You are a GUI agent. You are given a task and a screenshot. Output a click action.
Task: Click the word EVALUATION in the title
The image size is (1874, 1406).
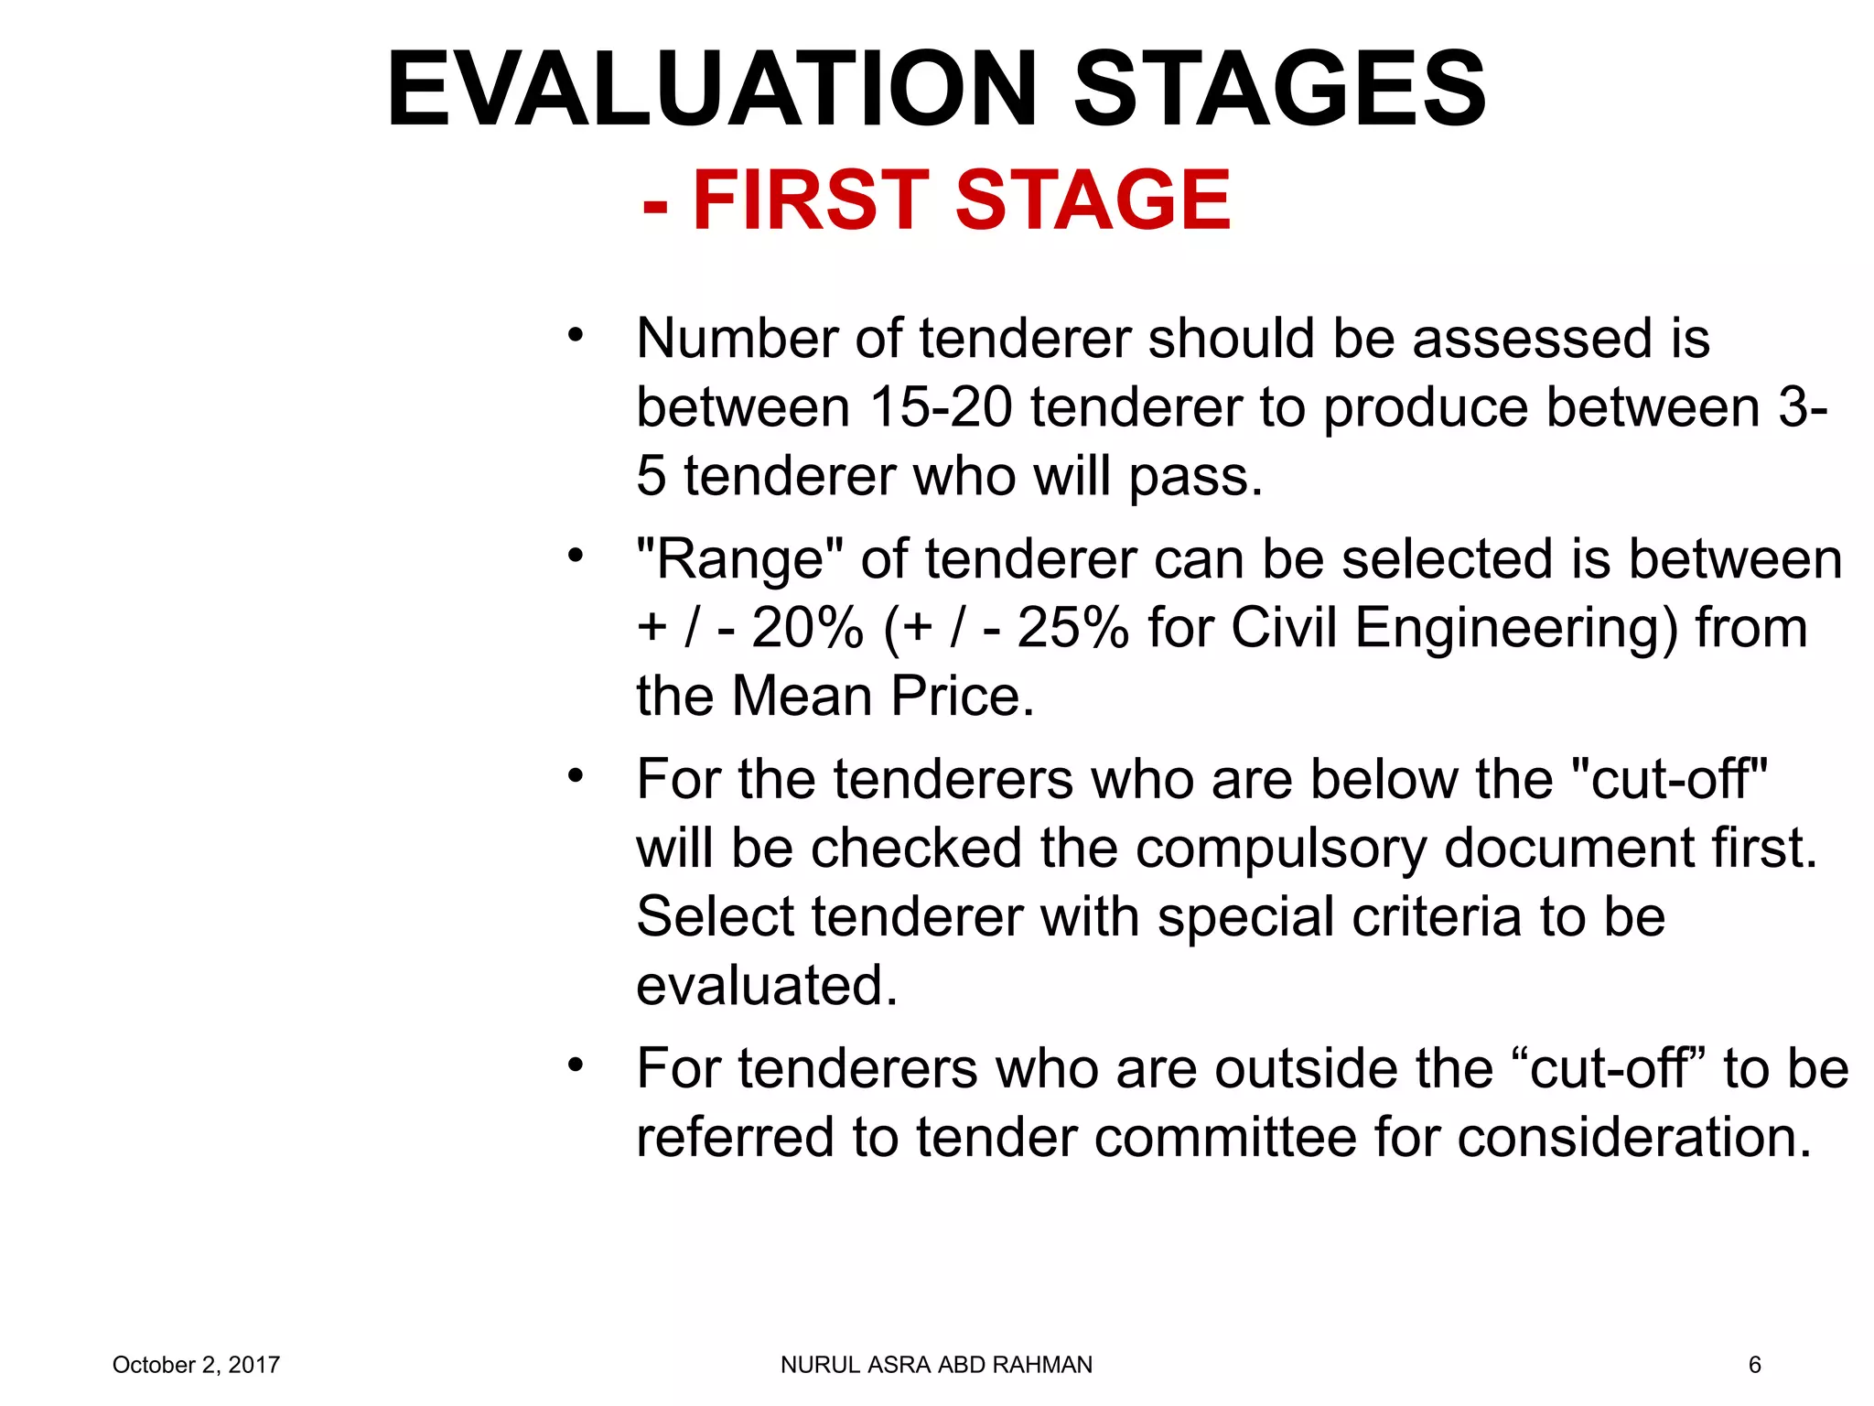click(x=712, y=90)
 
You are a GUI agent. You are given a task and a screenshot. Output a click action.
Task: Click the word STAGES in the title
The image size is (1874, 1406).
click(x=1279, y=90)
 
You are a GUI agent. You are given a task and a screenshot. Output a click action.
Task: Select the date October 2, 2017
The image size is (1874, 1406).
click(x=196, y=1365)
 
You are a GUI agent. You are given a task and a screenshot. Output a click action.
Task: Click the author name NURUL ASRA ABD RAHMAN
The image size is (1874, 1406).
click(x=936, y=1365)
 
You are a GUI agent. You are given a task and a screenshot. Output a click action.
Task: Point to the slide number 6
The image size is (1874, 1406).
click(x=1754, y=1365)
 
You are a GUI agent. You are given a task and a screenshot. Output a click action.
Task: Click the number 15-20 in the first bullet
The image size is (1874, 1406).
click(x=942, y=407)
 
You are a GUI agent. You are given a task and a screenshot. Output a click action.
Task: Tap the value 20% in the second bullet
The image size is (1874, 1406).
click(x=807, y=628)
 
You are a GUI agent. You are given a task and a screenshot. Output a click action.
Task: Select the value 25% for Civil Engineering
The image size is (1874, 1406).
click(x=1072, y=628)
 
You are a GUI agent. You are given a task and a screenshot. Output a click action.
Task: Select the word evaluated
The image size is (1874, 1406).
click(x=767, y=986)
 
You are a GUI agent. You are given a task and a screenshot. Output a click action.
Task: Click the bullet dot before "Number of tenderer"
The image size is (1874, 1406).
click(x=575, y=335)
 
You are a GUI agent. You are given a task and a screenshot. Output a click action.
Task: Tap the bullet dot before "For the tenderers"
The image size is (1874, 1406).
click(x=575, y=776)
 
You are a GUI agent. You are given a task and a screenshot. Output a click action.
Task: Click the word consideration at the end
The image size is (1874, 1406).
click(x=1634, y=1138)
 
